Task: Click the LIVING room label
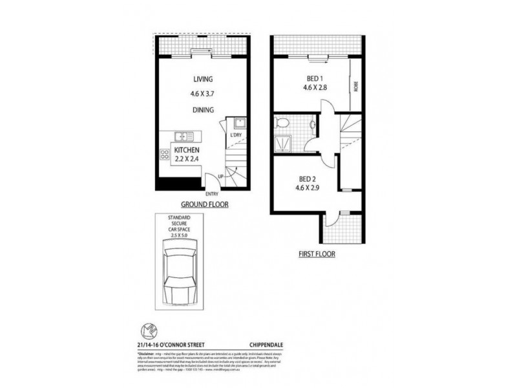[x=203, y=79]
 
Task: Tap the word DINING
[x=203, y=110]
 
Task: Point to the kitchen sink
[x=183, y=136]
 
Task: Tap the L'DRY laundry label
[x=235, y=135]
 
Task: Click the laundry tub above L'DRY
[x=237, y=123]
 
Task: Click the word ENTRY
[x=211, y=194]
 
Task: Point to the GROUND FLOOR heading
[x=202, y=204]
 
